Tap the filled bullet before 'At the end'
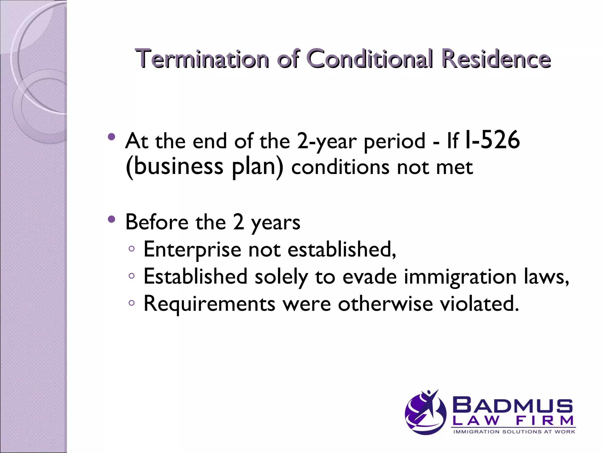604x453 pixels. tap(111, 137)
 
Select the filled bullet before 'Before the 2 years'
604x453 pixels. tap(111, 219)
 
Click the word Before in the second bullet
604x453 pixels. tap(157, 222)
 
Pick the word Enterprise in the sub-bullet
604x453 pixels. tap(192, 250)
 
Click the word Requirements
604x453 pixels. tap(209, 304)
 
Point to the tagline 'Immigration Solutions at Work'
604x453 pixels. tap(514, 432)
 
